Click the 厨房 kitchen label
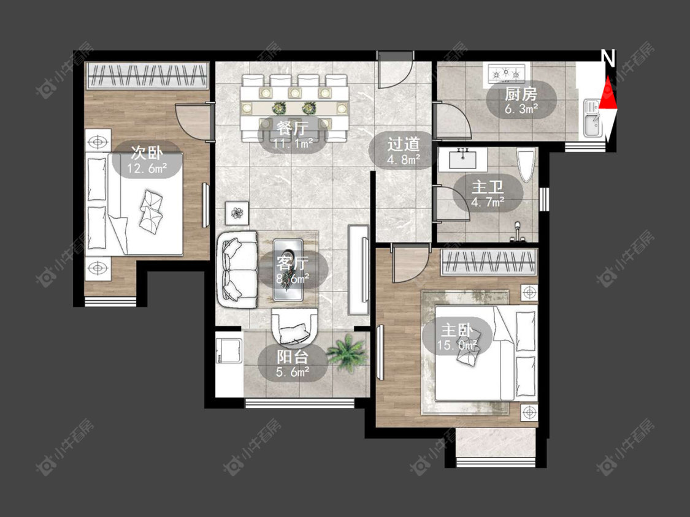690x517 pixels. (521, 94)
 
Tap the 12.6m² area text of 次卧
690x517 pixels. (147, 168)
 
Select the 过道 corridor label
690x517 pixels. (404, 144)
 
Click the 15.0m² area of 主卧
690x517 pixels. (458, 345)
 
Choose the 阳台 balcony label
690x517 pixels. (293, 357)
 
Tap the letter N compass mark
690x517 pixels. (608, 58)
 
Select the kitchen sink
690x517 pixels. (592, 118)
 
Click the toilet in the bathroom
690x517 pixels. (526, 164)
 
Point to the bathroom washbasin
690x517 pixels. (462, 159)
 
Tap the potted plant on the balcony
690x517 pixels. (347, 353)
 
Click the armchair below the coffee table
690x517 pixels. (294, 328)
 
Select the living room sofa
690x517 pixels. (237, 270)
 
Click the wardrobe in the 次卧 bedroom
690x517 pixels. (147, 76)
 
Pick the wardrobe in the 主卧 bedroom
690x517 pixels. (489, 262)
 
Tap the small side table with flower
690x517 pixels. (237, 213)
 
